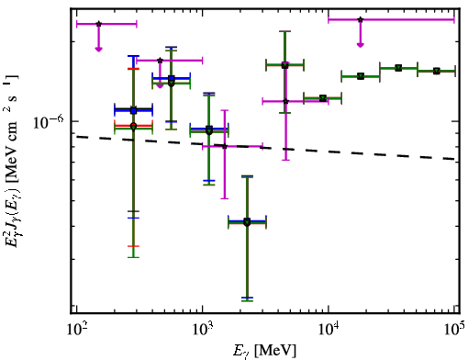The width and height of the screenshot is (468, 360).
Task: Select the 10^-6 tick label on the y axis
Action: [49, 122]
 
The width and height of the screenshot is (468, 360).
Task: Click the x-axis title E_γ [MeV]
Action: [264, 351]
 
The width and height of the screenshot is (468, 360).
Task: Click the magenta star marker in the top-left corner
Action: [98, 24]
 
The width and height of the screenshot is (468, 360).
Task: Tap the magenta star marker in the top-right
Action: [361, 19]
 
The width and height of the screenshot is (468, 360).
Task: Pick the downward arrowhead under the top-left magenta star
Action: [98, 49]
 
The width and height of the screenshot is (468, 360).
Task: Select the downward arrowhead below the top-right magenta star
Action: [361, 45]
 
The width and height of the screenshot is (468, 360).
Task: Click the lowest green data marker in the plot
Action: [247, 222]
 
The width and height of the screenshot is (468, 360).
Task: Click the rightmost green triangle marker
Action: [437, 71]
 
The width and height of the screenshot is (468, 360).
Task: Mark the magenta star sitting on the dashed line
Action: [225, 146]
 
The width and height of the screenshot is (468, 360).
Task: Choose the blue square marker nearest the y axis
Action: [133, 110]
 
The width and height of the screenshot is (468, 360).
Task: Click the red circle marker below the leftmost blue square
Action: [133, 126]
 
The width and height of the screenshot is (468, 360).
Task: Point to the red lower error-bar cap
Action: [133, 246]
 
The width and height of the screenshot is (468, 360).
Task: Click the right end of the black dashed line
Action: [455, 159]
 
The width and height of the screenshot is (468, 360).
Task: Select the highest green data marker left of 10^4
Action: [285, 65]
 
